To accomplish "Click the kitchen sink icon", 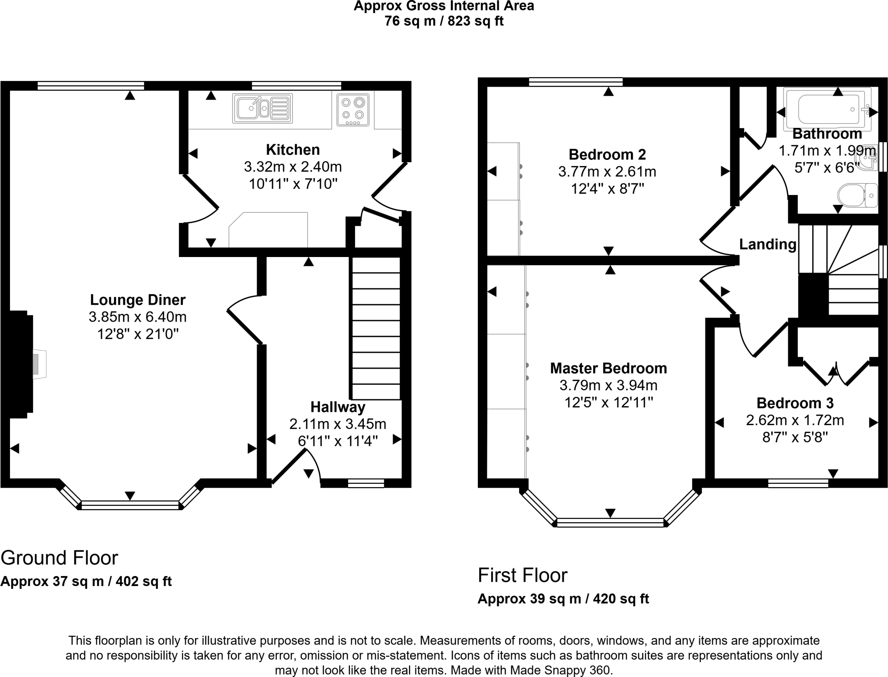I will coord(262,108).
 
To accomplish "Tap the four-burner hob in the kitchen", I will coord(353,109).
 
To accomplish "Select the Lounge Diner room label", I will coord(137,300).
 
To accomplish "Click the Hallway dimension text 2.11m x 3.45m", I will coord(337,424).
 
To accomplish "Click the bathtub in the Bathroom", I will coord(828,109).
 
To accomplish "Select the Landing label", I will coord(767,244).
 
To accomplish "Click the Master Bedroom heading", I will coord(608,368).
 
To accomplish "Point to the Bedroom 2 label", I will coord(607,154).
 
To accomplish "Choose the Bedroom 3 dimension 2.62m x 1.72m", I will coord(795,420).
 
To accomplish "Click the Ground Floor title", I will coord(59,558).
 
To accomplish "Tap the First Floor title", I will coord(522,576).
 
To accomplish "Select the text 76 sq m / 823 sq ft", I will coord(444,21).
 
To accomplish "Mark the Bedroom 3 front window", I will coord(798,483).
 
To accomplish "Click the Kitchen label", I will coord(293,150).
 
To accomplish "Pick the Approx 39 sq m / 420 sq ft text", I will coord(563,599).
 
